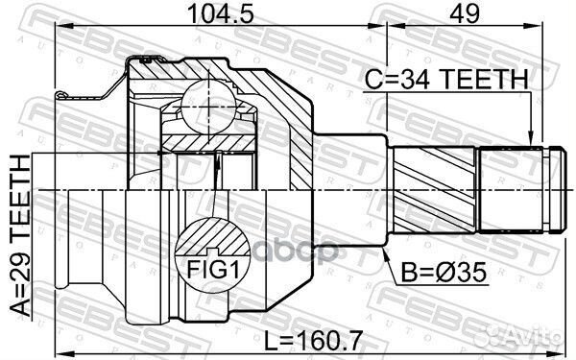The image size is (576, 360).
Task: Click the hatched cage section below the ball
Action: point(206,140)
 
